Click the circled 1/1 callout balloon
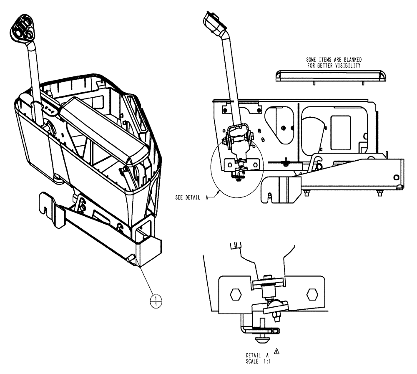tap(156, 300)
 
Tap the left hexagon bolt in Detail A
tap(236, 294)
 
